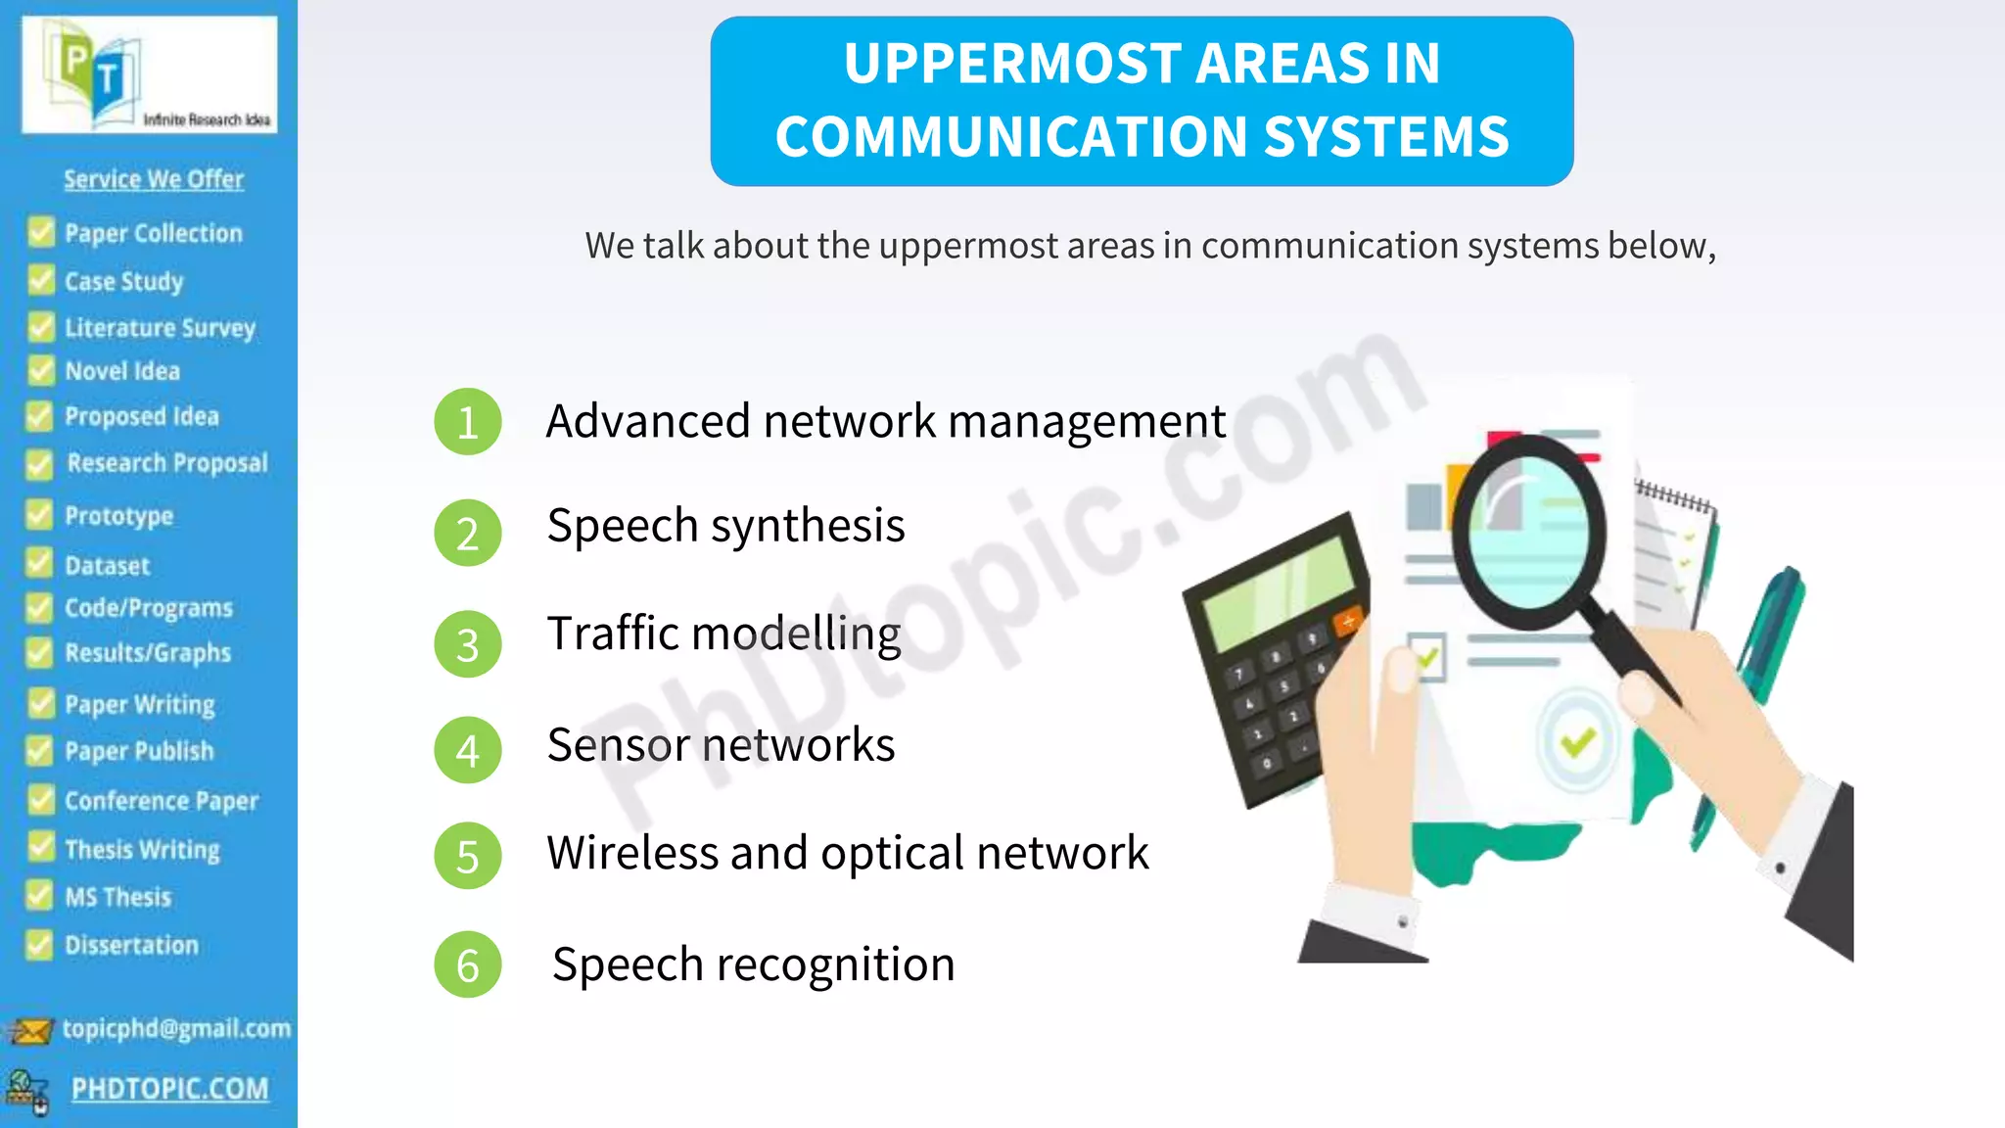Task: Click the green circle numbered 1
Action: [x=468, y=422]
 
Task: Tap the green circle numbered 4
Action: [x=468, y=750]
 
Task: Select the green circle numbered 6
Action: [x=468, y=964]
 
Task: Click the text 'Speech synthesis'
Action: [x=725, y=526]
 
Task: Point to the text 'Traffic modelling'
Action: [x=723, y=634]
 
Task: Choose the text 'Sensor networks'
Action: [x=721, y=745]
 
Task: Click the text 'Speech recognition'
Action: [x=753, y=964]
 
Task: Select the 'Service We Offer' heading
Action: [x=154, y=179]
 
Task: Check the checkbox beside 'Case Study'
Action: [x=41, y=281]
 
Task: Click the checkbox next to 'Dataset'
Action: [x=39, y=564]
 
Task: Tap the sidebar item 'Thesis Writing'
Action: [x=142, y=849]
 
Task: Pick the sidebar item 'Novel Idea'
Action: [x=122, y=371]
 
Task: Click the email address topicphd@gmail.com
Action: [x=176, y=1028]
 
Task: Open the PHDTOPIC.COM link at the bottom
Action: [x=169, y=1089]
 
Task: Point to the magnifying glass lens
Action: [x=1528, y=534]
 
